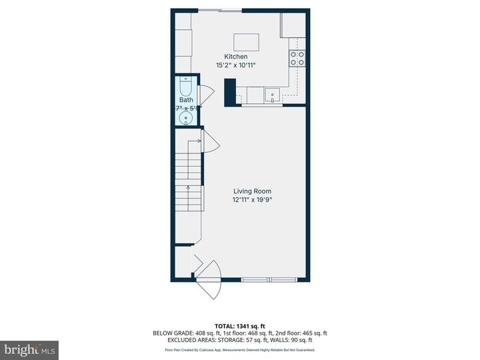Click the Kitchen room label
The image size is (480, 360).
point(235,57)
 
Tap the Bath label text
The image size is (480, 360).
point(185,100)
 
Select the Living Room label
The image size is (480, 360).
point(252,191)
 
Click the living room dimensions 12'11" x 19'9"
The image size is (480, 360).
point(252,199)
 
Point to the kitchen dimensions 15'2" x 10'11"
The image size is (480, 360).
point(235,65)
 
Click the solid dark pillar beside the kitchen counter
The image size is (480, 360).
point(230,92)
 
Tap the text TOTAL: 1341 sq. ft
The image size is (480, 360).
point(240,325)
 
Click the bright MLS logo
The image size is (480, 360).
point(29,350)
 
